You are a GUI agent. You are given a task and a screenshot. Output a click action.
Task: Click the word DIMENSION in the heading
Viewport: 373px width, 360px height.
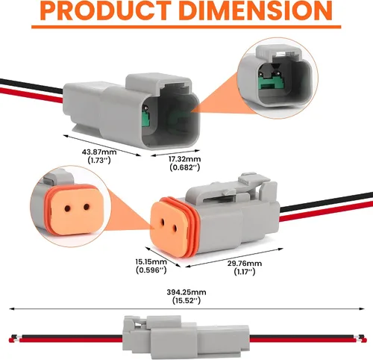[256, 10]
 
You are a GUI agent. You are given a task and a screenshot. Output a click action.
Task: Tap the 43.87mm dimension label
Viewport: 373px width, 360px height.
[99, 152]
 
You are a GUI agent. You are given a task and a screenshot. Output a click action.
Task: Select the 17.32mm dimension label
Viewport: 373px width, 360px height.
[185, 159]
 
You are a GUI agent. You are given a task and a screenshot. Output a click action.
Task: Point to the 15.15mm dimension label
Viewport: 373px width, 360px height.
[151, 261]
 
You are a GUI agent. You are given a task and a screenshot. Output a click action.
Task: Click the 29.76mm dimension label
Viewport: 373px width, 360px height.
[245, 264]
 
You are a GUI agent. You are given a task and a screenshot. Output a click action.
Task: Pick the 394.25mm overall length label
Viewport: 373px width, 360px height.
[186, 292]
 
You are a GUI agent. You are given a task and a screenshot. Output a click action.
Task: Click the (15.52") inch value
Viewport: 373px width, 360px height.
[186, 300]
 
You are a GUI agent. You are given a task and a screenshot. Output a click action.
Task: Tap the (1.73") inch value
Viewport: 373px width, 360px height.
[99, 160]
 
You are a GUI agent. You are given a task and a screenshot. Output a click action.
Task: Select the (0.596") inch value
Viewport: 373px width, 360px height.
[151, 270]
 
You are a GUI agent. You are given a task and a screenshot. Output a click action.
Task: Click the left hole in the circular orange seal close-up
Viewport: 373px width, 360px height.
[67, 208]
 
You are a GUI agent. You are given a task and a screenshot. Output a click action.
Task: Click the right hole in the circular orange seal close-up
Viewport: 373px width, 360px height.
[87, 207]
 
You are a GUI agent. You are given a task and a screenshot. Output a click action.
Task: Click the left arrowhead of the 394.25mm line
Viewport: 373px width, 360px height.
[11, 309]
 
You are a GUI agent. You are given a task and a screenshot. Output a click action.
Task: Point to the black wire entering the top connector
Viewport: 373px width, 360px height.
[31, 85]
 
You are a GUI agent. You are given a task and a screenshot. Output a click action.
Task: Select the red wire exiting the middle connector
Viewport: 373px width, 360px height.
[326, 212]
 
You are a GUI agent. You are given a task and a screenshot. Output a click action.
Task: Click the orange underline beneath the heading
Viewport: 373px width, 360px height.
[186, 27]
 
